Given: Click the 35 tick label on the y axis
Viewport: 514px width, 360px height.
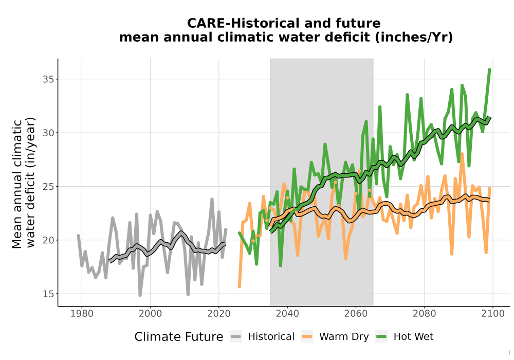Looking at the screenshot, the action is coord(48,79).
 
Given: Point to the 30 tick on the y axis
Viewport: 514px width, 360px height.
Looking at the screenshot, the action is coord(48,133).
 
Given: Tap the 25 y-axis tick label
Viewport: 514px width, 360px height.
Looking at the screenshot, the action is coord(48,187).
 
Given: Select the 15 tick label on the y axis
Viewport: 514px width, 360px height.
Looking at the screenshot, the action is coord(48,294).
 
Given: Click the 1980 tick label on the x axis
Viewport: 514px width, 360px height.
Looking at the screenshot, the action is coord(82,314).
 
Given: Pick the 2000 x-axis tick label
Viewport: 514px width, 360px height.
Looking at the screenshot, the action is coord(150,314).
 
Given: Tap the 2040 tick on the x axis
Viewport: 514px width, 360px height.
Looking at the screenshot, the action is coord(287,314).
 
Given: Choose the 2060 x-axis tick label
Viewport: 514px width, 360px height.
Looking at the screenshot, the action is coord(356,314).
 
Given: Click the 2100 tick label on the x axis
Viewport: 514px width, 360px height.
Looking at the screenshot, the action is coord(493,314).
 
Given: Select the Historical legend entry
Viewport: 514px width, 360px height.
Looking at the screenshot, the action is coord(262,337).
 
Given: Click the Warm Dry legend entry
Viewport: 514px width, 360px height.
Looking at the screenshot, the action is coord(335,337).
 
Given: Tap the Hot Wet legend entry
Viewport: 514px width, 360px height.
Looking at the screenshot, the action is coord(405,337).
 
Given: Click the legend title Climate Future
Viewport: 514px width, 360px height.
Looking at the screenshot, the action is coord(179,337).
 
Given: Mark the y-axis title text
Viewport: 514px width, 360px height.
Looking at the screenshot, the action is coord(24,183).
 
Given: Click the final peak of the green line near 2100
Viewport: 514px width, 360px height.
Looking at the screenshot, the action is coord(489,69).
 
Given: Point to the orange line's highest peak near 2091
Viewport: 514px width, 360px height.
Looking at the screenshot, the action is coord(462,153).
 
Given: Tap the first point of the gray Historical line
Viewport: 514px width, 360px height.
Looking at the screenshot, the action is coord(78,236).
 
